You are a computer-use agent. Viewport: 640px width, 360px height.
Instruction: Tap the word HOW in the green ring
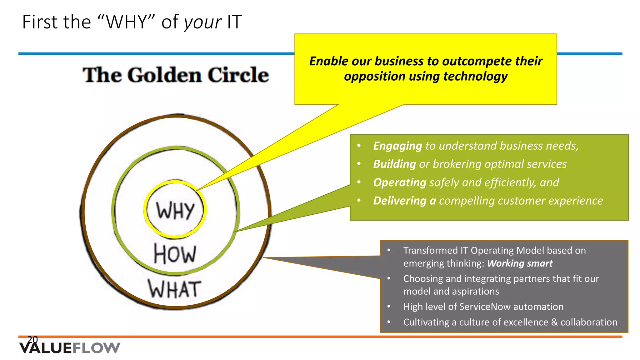(175, 254)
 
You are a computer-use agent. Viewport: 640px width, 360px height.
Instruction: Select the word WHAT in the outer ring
(174, 289)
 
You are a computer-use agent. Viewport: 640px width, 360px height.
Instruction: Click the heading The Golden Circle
(176, 75)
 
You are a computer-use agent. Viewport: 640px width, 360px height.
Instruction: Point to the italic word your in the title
(203, 22)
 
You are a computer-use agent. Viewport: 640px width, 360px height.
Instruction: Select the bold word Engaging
(397, 146)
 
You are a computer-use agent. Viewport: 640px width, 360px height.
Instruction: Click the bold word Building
(394, 164)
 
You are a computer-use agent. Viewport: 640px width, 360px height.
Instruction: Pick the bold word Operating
(400, 182)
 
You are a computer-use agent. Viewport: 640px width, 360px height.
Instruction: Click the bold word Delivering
(400, 201)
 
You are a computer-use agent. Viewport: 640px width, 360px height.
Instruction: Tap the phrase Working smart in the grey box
(520, 263)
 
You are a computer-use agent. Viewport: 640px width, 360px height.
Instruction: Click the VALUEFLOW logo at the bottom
(70, 348)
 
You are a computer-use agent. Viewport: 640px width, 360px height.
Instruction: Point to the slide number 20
(32, 339)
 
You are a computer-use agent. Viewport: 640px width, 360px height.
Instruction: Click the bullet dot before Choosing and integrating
(389, 278)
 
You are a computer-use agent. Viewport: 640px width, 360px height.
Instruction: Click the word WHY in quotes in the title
(126, 22)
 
